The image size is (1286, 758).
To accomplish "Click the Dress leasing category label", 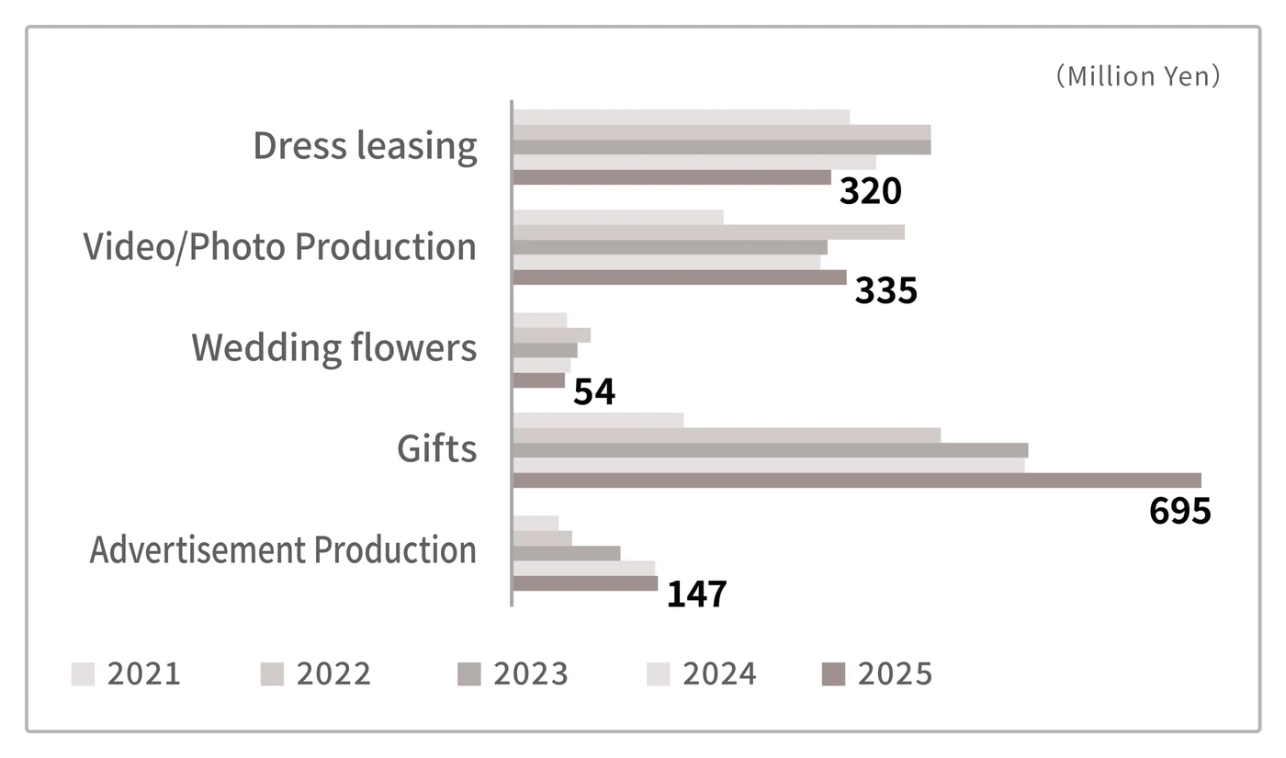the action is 366,146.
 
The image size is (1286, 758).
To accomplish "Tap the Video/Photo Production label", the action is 280,247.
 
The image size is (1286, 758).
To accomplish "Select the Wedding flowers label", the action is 334,348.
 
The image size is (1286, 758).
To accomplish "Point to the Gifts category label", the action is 437,448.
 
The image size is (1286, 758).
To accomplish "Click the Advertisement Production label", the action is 283,549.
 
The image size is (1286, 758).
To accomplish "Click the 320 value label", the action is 871,191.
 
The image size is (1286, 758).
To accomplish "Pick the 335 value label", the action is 886,290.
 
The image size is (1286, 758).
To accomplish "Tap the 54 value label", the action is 594,391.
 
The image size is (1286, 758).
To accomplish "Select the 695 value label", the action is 1180,511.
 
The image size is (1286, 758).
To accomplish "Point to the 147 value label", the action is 697,594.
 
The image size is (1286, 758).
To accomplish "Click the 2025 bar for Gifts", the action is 857,481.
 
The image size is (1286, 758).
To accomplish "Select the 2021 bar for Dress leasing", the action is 682,118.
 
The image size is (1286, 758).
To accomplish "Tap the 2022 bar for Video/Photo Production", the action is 709,232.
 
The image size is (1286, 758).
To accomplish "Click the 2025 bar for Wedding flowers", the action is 539,380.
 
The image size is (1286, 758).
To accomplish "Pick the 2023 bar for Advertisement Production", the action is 567,553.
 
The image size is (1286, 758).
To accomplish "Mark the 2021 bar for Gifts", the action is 598,421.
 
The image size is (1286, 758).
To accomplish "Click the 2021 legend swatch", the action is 83,674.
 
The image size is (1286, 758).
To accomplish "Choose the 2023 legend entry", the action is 513,674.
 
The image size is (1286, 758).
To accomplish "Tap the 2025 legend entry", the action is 877,674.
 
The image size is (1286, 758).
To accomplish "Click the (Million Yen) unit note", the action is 1138,76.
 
